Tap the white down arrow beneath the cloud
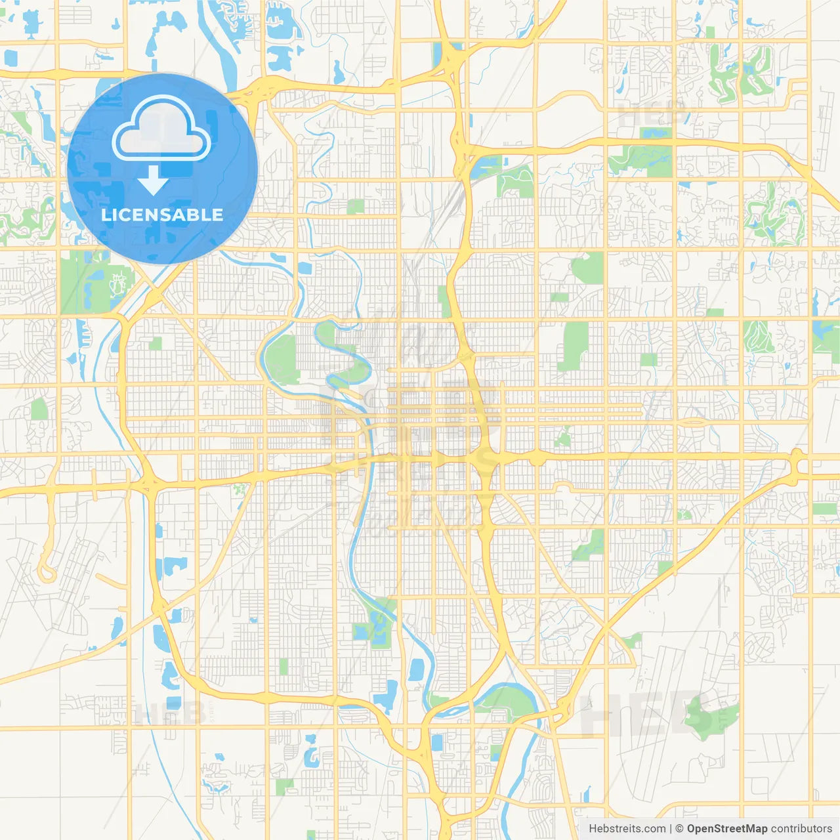153,180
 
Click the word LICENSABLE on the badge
162,215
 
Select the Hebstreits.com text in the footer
627,829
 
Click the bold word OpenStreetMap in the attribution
726,829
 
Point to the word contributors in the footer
801,829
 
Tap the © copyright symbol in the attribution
680,829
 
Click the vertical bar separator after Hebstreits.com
671,829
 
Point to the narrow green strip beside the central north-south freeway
445,302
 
